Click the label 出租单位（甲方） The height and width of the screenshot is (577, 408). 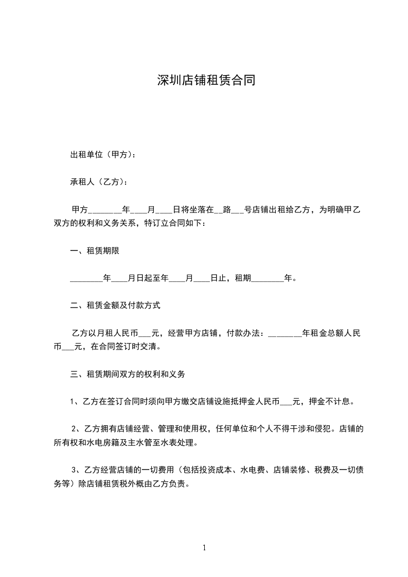[x=102, y=154]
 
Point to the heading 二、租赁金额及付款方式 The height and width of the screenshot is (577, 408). [x=115, y=305]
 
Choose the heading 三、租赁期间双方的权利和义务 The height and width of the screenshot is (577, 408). [x=128, y=374]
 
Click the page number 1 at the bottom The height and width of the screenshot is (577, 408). [x=204, y=548]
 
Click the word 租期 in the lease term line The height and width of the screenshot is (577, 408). [x=242, y=278]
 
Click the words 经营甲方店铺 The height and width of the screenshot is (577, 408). [x=187, y=333]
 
